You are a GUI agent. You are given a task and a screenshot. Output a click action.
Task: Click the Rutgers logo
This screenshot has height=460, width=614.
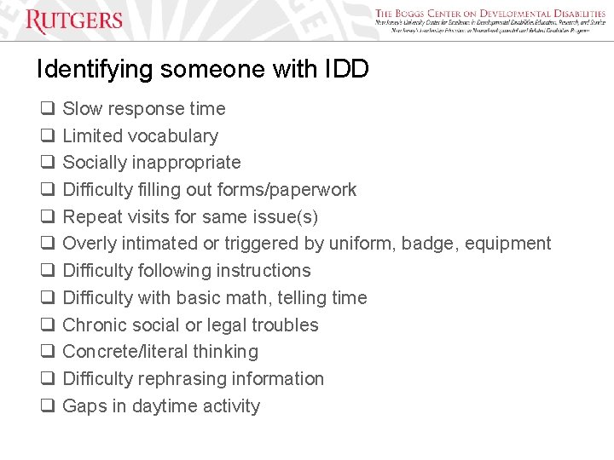click(x=74, y=20)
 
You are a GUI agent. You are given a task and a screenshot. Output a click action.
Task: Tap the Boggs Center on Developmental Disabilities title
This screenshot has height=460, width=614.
click(x=490, y=14)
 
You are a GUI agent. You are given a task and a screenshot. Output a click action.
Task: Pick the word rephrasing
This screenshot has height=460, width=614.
click(x=182, y=379)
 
